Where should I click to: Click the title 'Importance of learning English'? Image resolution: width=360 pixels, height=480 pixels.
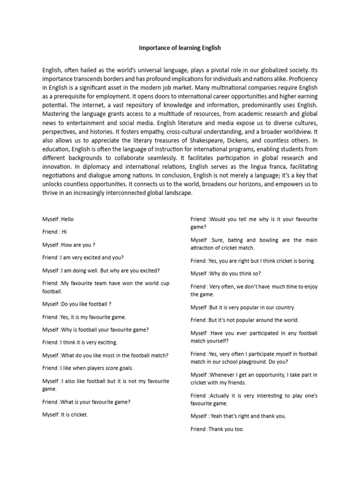[x=180, y=48]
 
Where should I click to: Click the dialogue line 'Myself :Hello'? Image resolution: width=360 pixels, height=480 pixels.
[x=58, y=219]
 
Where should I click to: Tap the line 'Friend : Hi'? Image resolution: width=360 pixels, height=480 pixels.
[x=55, y=232]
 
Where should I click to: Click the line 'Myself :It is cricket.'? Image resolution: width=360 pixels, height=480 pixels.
[x=65, y=414]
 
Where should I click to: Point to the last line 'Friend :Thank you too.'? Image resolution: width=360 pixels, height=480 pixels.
[x=217, y=429]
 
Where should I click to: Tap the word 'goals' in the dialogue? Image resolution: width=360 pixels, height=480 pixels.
[x=125, y=368]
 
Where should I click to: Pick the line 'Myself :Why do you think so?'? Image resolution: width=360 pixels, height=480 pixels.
[x=226, y=273]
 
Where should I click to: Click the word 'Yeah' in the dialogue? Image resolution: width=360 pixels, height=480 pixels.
[x=218, y=416]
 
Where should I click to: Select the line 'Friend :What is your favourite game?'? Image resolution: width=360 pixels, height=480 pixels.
[x=86, y=402]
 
